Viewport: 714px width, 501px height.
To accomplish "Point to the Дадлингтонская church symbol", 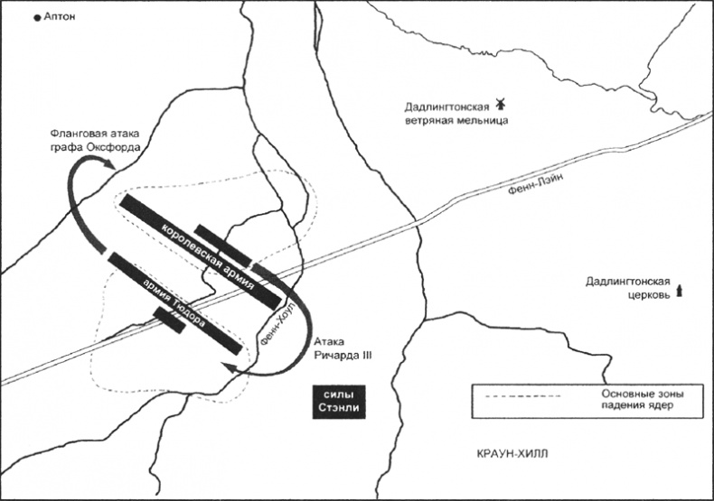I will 680,289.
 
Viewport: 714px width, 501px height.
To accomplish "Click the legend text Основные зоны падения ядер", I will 638,400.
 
